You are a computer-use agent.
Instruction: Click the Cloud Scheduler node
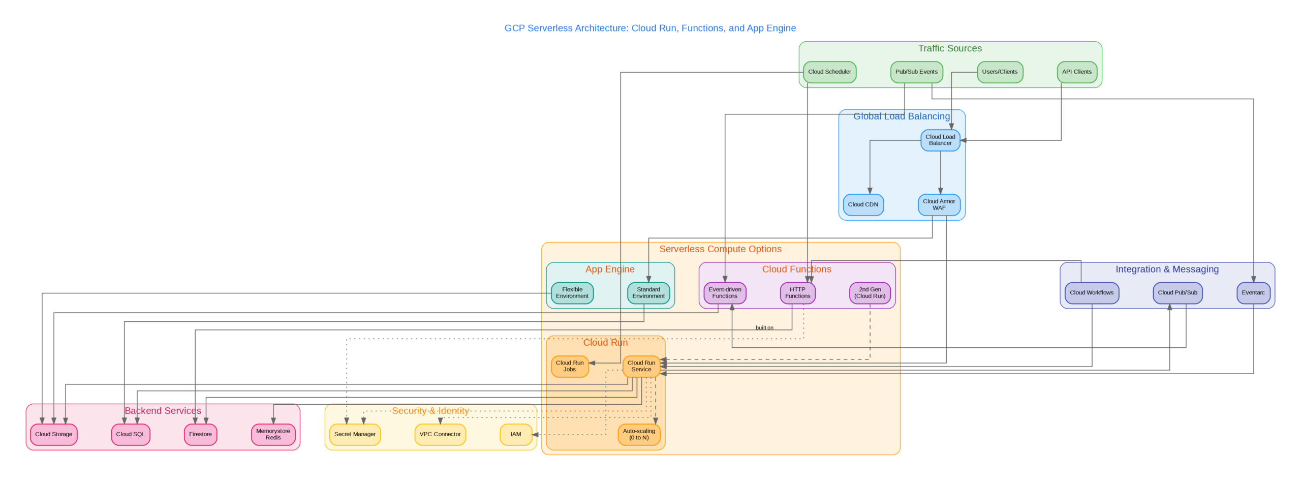[829, 72]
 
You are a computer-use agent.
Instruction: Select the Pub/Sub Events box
[916, 72]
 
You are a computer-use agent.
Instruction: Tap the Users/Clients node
[999, 72]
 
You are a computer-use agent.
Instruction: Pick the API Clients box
[1076, 72]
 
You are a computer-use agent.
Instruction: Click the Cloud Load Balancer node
[940, 140]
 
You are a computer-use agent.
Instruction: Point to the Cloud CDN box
[862, 204]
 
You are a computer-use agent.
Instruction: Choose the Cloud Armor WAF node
[938, 204]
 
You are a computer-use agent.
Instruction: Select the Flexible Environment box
[572, 293]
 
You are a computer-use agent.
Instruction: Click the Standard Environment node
[648, 293]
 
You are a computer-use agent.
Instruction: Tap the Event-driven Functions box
[724, 293]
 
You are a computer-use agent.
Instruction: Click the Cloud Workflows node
[1091, 293]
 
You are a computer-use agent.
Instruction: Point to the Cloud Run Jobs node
[569, 366]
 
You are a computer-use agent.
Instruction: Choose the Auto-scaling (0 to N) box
[638, 434]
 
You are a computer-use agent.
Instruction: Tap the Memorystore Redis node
[273, 434]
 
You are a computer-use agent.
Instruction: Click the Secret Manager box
[354, 434]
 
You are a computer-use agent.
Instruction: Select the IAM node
[515, 434]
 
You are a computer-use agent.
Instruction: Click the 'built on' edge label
[764, 328]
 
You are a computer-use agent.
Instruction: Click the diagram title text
[649, 28]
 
